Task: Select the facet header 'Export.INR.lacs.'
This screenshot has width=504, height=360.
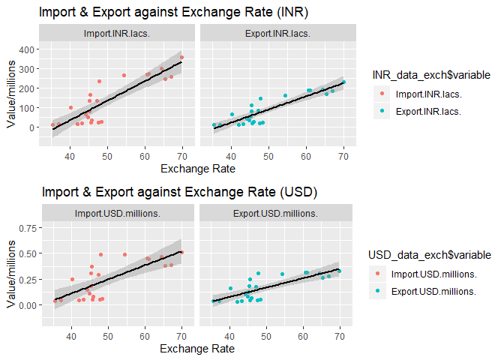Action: click(x=272, y=34)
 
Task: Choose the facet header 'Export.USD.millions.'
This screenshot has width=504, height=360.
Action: click(x=272, y=214)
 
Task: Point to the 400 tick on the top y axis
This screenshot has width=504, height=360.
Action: click(x=25, y=49)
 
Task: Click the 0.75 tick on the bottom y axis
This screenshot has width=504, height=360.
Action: click(x=25, y=227)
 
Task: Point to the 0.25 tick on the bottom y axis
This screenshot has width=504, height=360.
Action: click(x=25, y=279)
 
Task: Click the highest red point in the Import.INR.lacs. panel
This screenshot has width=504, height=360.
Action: click(x=181, y=57)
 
